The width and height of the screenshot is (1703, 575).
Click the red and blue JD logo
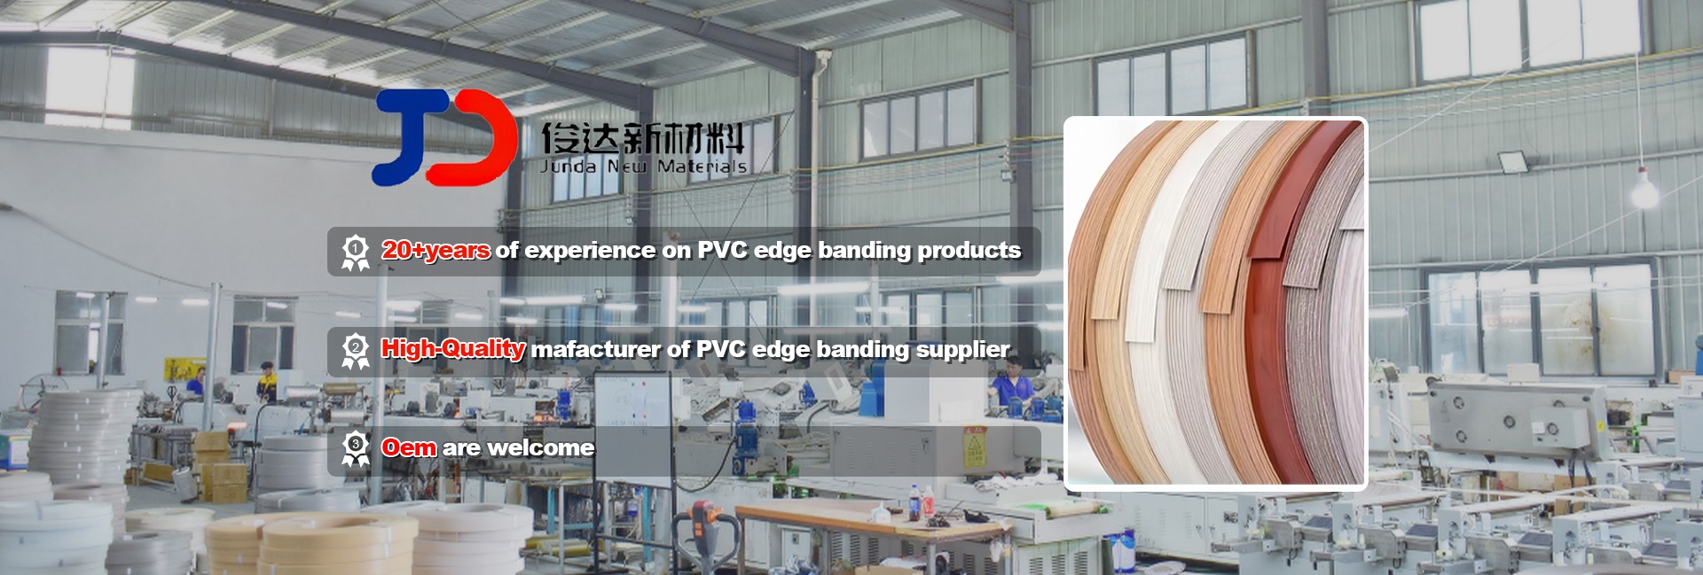pyautogui.click(x=445, y=137)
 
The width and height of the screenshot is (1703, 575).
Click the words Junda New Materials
pyautogui.click(x=643, y=167)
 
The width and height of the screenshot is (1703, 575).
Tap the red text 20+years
pyautogui.click(x=436, y=251)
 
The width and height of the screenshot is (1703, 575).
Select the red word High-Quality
pyautogui.click(x=453, y=348)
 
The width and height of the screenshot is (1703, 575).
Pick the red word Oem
pyautogui.click(x=409, y=447)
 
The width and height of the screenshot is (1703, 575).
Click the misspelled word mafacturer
pyautogui.click(x=596, y=350)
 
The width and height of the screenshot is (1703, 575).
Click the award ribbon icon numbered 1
pyautogui.click(x=355, y=253)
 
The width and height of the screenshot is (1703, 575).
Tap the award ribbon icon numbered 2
pyautogui.click(x=355, y=352)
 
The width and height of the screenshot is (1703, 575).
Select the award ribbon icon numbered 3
pyautogui.click(x=355, y=449)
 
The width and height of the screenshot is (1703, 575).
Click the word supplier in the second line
pyautogui.click(x=963, y=351)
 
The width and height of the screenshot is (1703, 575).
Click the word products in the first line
pyautogui.click(x=969, y=251)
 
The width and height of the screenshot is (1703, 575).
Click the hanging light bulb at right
pyautogui.click(x=1644, y=189)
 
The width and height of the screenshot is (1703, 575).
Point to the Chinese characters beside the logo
pyautogui.click(x=643, y=138)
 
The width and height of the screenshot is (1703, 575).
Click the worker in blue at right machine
pyautogui.click(x=1008, y=396)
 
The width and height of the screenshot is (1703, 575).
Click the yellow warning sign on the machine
pyautogui.click(x=975, y=447)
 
